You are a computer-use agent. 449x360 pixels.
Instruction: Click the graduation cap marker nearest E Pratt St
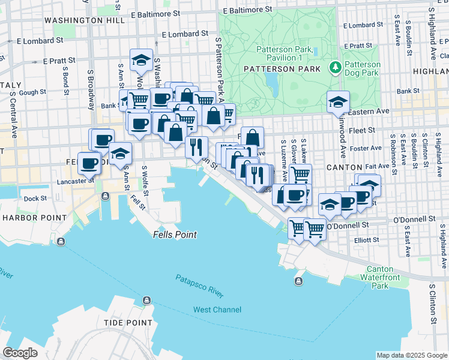pos(141,61)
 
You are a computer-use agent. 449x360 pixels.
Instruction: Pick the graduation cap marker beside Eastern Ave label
pos(338,103)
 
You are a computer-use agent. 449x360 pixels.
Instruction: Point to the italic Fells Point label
pos(175,235)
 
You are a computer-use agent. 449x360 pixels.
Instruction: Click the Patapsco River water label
pos(199,286)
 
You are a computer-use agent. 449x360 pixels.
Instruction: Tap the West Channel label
pos(217,310)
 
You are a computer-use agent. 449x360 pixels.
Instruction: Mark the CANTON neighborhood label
pos(344,167)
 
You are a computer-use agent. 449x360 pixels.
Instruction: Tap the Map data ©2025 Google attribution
pos(411,355)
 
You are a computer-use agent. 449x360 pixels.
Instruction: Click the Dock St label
pos(35,199)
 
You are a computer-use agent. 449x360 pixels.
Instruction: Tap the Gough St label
pos(33,92)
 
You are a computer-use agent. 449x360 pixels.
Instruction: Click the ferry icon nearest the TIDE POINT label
pos(146,301)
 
